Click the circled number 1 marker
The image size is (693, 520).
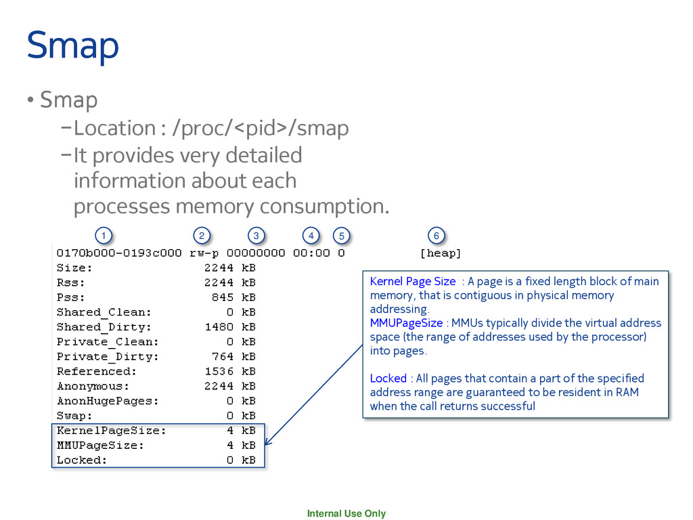[103, 236]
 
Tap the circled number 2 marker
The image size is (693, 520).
[201, 236]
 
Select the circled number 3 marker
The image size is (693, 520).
[256, 236]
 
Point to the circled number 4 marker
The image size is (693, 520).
[311, 236]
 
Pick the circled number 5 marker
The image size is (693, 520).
[342, 236]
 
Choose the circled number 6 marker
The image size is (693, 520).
[437, 236]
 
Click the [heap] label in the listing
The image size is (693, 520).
[441, 253]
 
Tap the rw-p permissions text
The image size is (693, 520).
[204, 253]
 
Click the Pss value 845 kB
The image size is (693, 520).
[233, 297]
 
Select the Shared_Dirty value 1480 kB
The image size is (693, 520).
[230, 327]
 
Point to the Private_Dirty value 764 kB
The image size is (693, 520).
[233, 357]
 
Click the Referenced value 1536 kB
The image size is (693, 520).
[230, 372]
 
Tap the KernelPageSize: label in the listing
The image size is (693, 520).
[111, 431]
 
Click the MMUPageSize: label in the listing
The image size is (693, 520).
[100, 446]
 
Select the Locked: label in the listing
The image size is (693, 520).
[82, 460]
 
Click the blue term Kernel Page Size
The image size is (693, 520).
[413, 281]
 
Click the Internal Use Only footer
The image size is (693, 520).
[346, 513]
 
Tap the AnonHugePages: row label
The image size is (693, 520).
[108, 401]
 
